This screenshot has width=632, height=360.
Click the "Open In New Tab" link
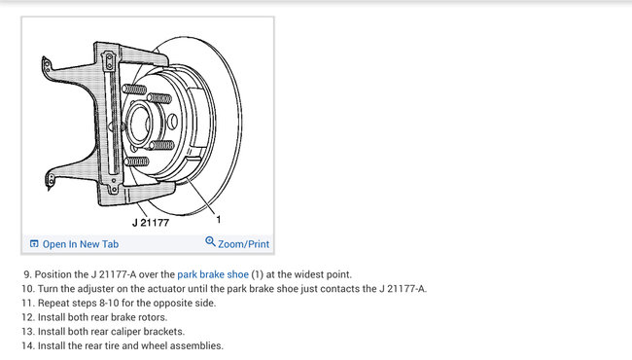click(x=80, y=244)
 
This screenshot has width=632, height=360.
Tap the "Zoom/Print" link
click(x=243, y=244)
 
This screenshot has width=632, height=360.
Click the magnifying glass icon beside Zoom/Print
click(x=210, y=241)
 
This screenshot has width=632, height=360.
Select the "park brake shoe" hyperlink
click(x=213, y=274)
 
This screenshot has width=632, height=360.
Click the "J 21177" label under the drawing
click(x=151, y=223)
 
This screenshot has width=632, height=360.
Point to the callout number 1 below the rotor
click(x=219, y=219)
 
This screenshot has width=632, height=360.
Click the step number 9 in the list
click(x=26, y=274)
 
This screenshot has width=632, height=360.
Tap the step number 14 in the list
click(x=27, y=345)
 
